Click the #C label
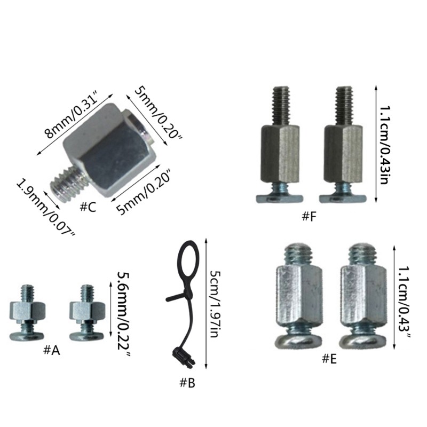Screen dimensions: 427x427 click(88, 207)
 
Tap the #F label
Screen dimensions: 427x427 click(310, 217)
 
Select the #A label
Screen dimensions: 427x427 click(52, 350)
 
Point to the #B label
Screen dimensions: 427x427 click(187, 383)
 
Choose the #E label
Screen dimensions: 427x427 click(329, 359)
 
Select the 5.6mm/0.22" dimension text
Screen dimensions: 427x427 click(124, 314)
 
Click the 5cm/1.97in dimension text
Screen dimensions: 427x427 click(215, 304)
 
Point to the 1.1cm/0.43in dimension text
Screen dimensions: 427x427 click(384, 145)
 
